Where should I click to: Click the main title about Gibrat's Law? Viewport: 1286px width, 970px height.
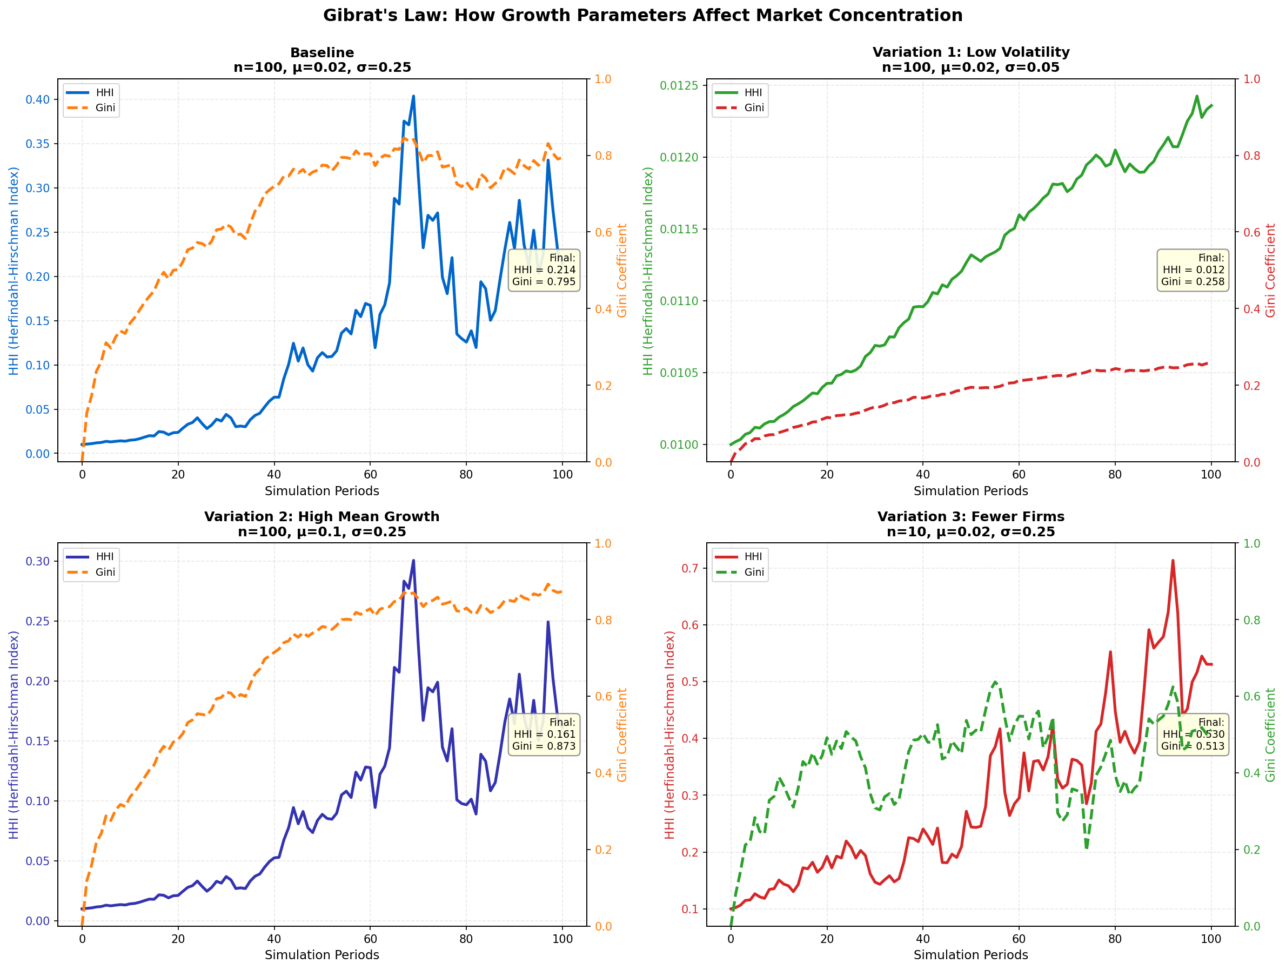(x=642, y=16)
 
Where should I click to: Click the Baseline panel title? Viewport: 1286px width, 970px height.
(x=321, y=53)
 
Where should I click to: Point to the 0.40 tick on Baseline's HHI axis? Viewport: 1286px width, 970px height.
(x=38, y=100)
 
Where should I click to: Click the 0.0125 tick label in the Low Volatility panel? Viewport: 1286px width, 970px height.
(x=679, y=86)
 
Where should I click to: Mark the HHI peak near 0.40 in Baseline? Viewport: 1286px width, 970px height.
(x=413, y=97)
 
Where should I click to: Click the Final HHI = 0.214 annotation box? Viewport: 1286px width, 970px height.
(x=544, y=270)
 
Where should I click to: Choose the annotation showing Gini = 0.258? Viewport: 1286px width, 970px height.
(x=1193, y=270)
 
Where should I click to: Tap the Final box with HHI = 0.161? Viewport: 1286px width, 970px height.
(x=544, y=734)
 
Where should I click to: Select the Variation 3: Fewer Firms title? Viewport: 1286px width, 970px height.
(x=970, y=517)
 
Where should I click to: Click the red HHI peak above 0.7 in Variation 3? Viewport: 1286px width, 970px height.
(x=1173, y=561)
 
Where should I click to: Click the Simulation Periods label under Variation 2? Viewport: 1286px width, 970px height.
(x=321, y=955)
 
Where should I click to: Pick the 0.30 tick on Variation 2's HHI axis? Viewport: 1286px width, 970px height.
(x=38, y=562)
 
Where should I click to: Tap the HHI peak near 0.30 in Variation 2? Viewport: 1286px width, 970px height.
(x=413, y=561)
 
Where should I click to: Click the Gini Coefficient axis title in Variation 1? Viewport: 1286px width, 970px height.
(x=1270, y=270)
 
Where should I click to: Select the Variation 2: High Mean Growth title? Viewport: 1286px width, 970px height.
(x=321, y=517)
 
